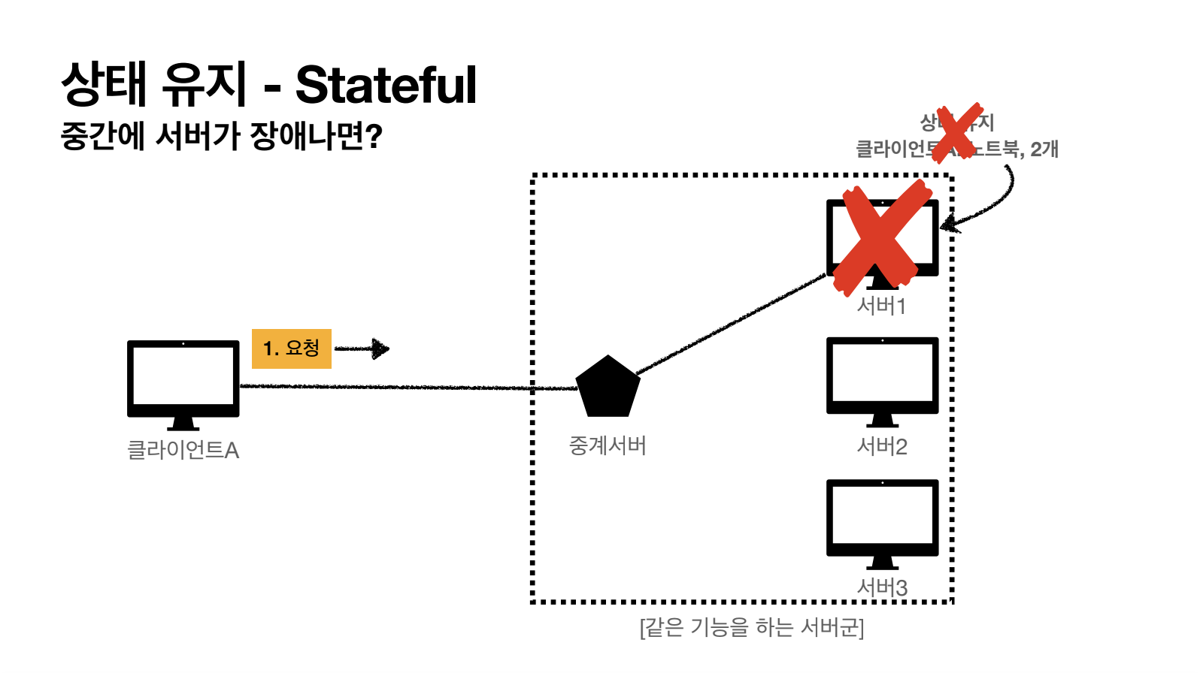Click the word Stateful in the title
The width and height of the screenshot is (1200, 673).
coord(386,85)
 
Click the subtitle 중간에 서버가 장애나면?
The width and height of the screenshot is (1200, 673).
coord(221,136)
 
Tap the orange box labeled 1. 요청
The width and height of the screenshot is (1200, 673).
coord(292,349)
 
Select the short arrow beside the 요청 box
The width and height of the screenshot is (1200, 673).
coord(362,349)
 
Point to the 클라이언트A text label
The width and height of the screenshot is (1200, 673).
coord(183,450)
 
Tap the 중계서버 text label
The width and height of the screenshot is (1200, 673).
coord(608,445)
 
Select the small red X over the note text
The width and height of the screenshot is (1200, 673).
coord(956,133)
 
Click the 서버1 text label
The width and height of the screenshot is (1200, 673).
coord(882,306)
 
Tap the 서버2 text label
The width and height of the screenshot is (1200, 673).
coord(882,447)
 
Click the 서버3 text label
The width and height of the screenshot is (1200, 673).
coord(882,587)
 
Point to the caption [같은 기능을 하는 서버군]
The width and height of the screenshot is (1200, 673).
coord(751,627)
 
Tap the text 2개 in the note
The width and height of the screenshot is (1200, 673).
coord(1044,149)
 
